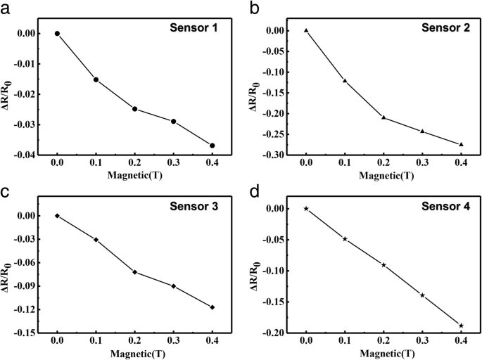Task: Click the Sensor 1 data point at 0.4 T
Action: [213, 146]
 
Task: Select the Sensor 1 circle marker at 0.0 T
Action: [57, 34]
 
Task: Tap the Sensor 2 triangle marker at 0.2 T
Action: [383, 117]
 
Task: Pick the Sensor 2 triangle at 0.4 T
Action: [461, 144]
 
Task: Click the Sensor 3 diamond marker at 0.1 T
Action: [96, 240]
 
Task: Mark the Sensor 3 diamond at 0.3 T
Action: [173, 286]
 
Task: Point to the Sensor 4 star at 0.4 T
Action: [461, 326]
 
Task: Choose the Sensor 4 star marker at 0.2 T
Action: [383, 265]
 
